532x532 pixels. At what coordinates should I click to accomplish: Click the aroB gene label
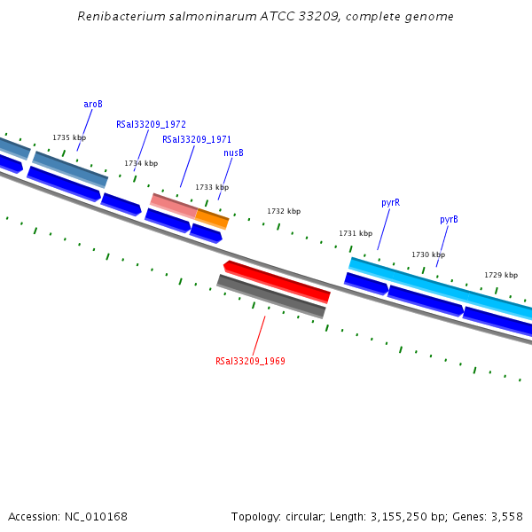pyautogui.click(x=93, y=104)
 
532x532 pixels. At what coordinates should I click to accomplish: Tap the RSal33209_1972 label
pyautogui.click(x=151, y=125)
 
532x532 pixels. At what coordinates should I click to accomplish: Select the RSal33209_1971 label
pyautogui.click(x=197, y=139)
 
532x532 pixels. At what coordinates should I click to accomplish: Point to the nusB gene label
pyautogui.click(x=233, y=153)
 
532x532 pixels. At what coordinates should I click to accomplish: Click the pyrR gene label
pyautogui.click(x=390, y=202)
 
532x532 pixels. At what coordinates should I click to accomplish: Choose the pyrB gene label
pyautogui.click(x=449, y=219)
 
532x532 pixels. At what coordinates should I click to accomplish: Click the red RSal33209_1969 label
pyautogui.click(x=250, y=361)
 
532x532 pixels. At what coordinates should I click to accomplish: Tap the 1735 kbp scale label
pyautogui.click(x=69, y=137)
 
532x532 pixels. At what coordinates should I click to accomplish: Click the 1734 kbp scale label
pyautogui.click(x=141, y=163)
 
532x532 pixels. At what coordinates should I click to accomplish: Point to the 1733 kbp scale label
pyautogui.click(x=212, y=187)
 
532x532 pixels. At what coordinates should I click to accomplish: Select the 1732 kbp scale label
pyautogui.click(x=284, y=211)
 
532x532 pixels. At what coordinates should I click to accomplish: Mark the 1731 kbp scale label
pyautogui.click(x=356, y=233)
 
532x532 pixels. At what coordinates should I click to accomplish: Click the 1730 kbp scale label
pyautogui.click(x=428, y=254)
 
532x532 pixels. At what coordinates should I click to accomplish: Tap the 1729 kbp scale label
pyautogui.click(x=501, y=275)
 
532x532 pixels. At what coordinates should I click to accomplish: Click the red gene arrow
pyautogui.click(x=277, y=280)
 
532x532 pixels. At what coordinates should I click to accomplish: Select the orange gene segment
pyautogui.click(x=212, y=218)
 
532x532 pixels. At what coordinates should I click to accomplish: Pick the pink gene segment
pyautogui.click(x=174, y=206)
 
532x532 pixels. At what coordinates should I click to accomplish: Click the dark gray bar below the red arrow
pyautogui.click(x=271, y=296)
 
